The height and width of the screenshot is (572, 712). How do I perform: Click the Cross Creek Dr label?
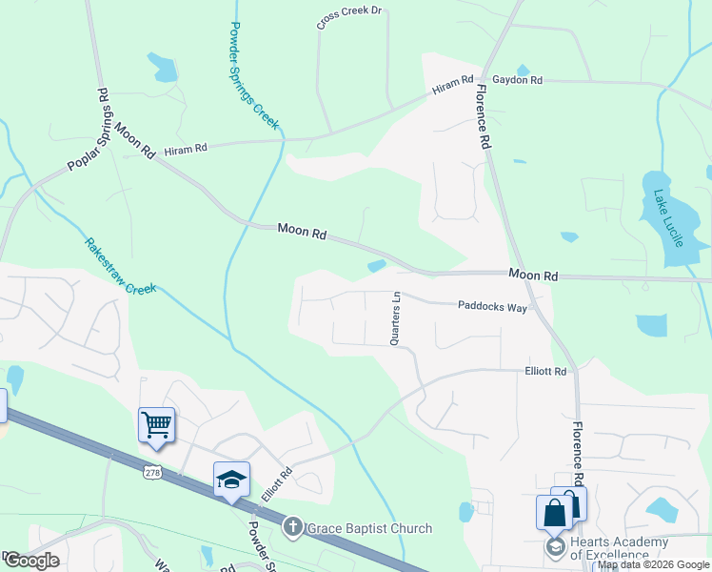[x=348, y=17]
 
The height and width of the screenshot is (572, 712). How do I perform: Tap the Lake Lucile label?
[x=667, y=218]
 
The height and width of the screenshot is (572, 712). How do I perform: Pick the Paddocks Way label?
[x=492, y=307]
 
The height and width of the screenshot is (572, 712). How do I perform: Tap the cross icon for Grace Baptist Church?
[x=293, y=526]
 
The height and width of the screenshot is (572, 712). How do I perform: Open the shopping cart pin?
[x=156, y=423]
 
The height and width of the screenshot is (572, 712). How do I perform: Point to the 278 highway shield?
[x=153, y=472]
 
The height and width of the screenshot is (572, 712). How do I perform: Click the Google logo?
[x=31, y=560]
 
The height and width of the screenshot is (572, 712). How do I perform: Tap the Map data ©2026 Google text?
[x=654, y=564]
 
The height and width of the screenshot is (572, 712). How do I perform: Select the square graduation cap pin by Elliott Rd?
[x=231, y=479]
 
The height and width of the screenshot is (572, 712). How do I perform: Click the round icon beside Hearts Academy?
[x=554, y=547]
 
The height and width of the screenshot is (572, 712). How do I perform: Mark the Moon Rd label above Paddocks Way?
[x=533, y=275]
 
